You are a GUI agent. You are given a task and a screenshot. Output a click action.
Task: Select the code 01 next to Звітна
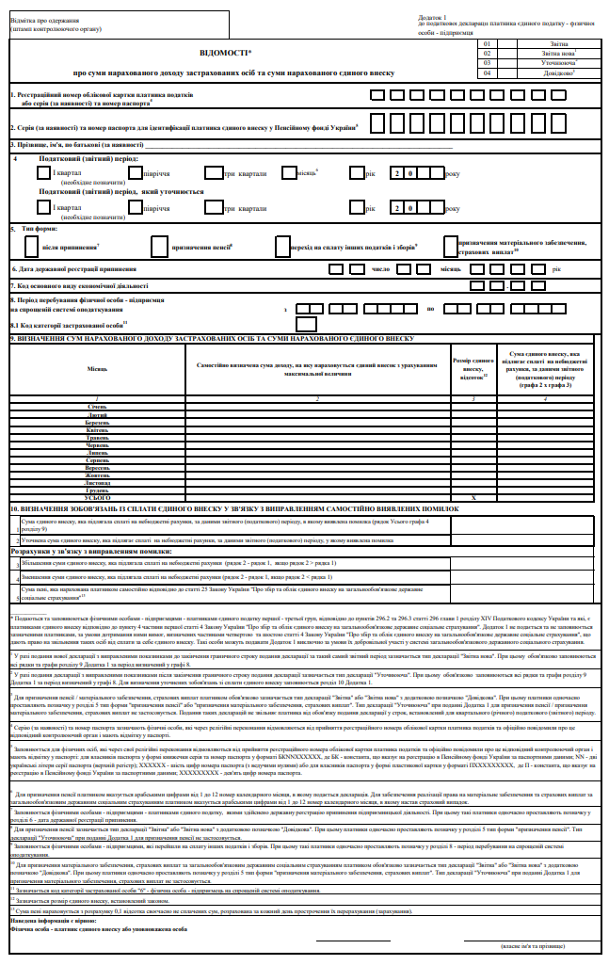(487, 43)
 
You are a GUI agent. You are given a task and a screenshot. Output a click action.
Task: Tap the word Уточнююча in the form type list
(555, 63)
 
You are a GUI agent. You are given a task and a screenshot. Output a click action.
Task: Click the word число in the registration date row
(381, 269)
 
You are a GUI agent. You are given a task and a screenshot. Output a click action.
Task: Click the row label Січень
(98, 406)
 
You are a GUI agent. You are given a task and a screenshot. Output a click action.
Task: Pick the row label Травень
(98, 436)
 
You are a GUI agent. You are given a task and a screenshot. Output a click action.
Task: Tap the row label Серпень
(98, 459)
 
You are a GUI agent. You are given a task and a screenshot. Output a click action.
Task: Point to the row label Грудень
(98, 490)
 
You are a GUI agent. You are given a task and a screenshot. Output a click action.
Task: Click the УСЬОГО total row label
(98, 497)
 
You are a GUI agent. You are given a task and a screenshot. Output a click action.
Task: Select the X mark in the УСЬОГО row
(473, 497)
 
